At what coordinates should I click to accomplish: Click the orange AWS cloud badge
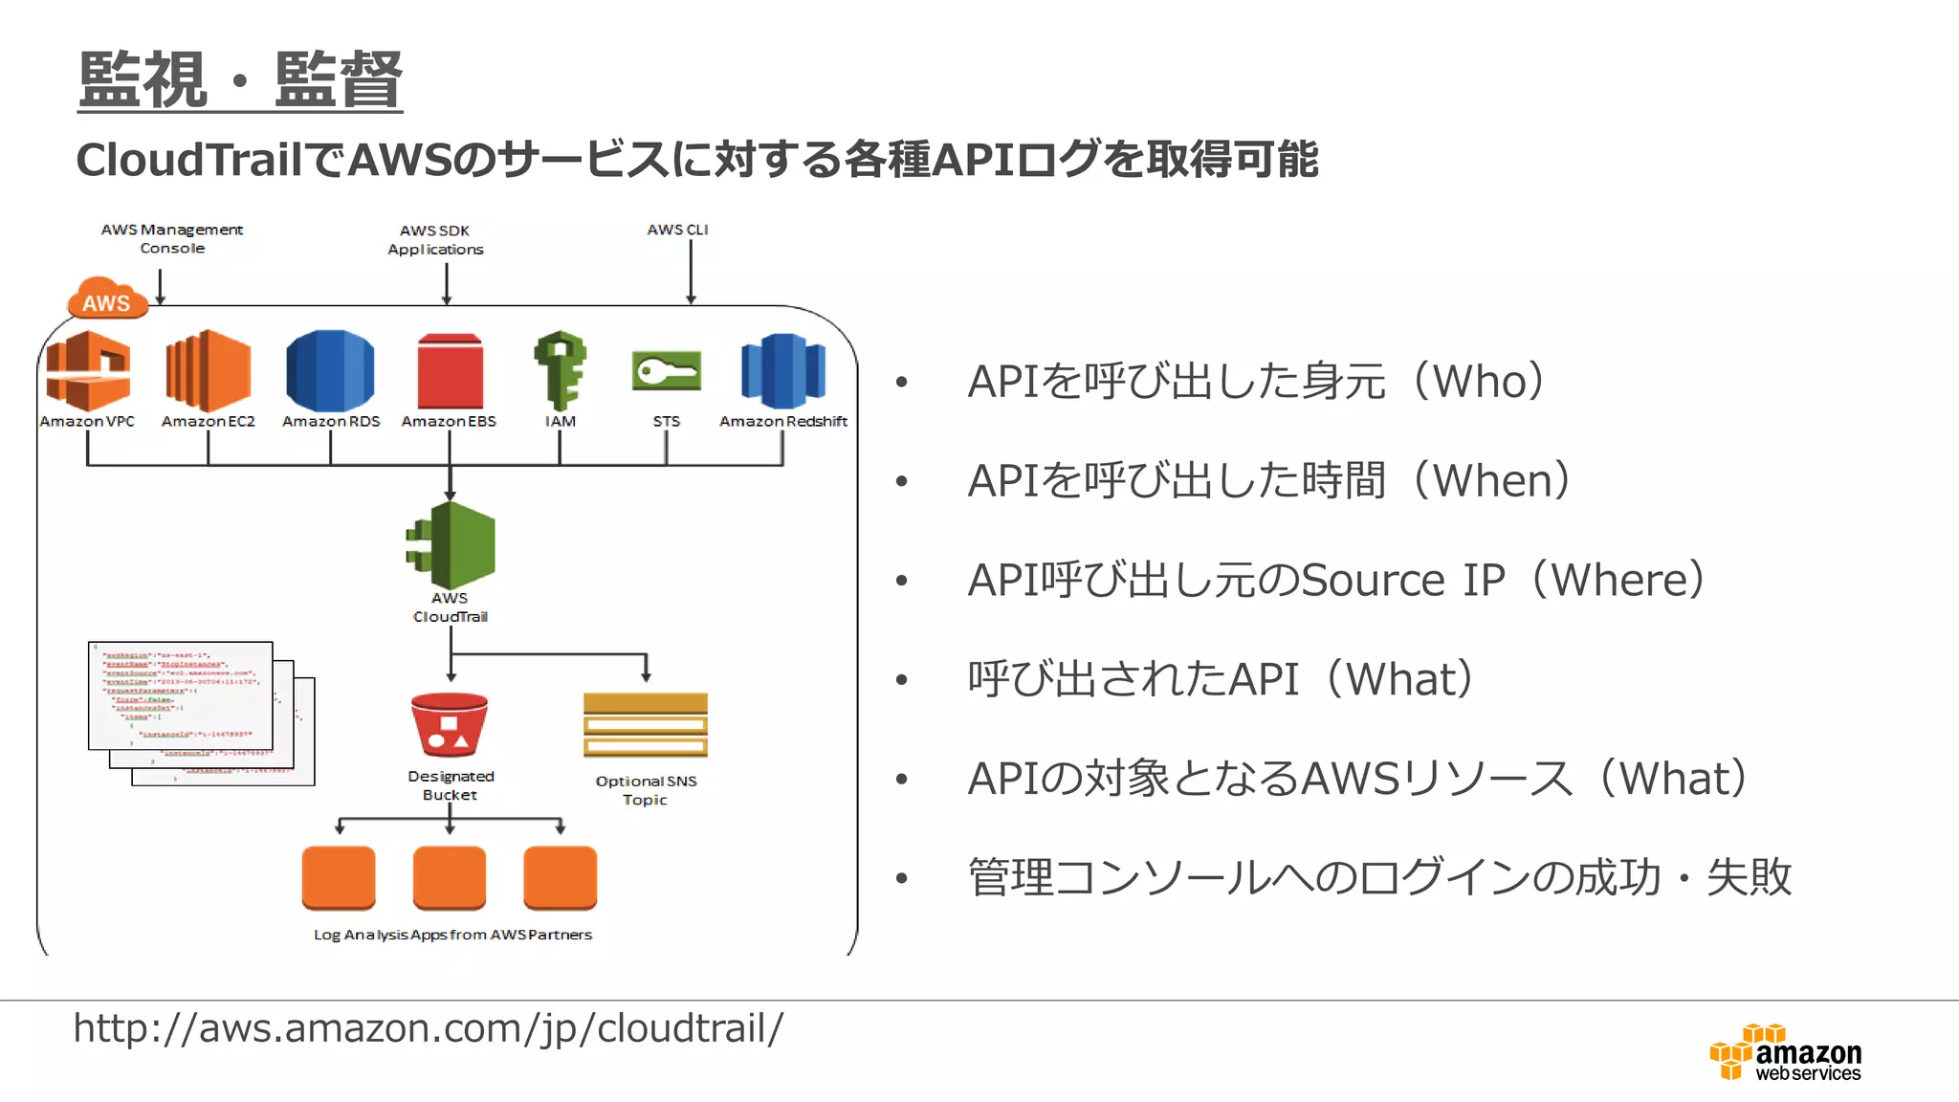tap(107, 298)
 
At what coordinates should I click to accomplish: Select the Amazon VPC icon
tap(88, 370)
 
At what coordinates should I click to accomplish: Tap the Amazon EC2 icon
tap(208, 370)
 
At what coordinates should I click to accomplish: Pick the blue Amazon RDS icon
tap(330, 370)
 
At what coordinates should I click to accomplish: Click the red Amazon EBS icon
tap(450, 372)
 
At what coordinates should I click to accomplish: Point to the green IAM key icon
tap(561, 370)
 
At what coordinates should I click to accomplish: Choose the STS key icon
tap(667, 371)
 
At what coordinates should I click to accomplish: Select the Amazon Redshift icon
tap(782, 370)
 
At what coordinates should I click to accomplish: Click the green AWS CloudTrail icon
tap(451, 545)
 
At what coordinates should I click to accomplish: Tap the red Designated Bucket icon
tap(450, 725)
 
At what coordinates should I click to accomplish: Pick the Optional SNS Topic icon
tap(646, 725)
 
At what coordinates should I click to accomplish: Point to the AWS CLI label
tap(677, 230)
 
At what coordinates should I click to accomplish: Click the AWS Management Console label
tap(172, 238)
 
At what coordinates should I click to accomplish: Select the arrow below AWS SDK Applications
tap(447, 284)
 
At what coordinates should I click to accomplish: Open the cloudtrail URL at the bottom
tap(428, 1028)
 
